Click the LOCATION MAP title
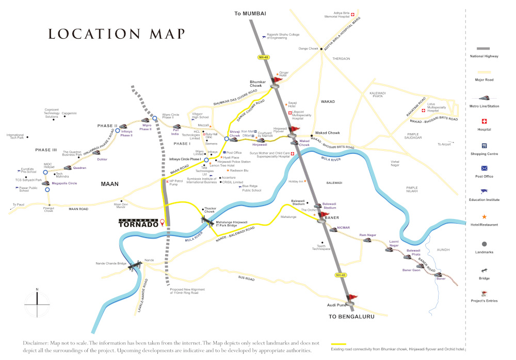[x=116, y=34]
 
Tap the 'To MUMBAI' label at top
[x=252, y=13]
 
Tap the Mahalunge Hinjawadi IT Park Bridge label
[x=232, y=224]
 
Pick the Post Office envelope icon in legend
[x=484, y=168]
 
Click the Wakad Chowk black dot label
[x=327, y=133]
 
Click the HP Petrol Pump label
[x=176, y=183]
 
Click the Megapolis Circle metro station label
[x=64, y=183]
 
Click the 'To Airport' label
[x=444, y=144]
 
